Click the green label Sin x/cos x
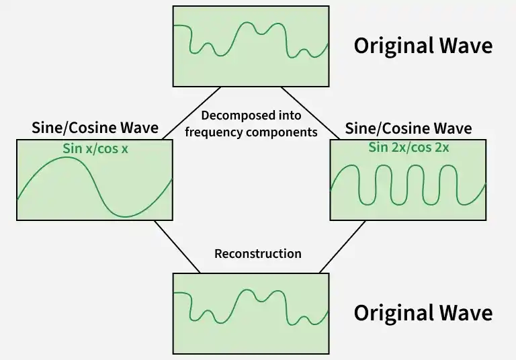pos(95,148)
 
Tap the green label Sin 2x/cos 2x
pos(408,148)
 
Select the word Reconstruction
pos(257,254)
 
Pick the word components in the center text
pos(282,132)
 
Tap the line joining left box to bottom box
pos(177,246)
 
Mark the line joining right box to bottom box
pos(342,246)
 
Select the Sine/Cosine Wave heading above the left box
pos(95,128)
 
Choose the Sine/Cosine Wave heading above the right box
pos(408,128)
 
